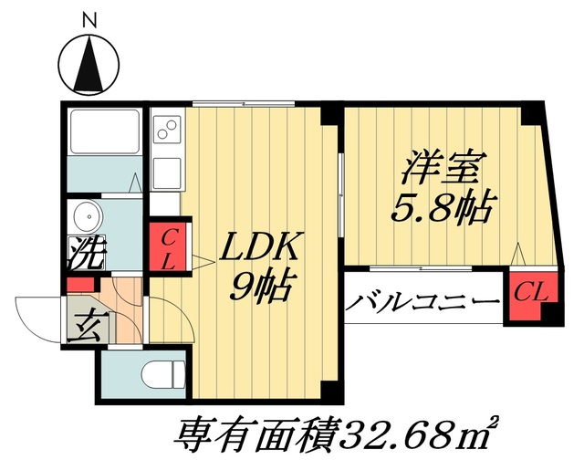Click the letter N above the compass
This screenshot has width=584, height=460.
click(89, 17)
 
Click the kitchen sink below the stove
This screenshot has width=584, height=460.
click(166, 171)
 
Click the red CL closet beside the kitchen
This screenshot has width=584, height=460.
click(168, 246)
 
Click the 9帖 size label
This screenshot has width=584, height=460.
click(260, 287)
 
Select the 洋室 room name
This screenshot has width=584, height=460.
click(442, 169)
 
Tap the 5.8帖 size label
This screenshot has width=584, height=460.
click(442, 210)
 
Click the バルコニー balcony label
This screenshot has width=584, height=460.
click(422, 302)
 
